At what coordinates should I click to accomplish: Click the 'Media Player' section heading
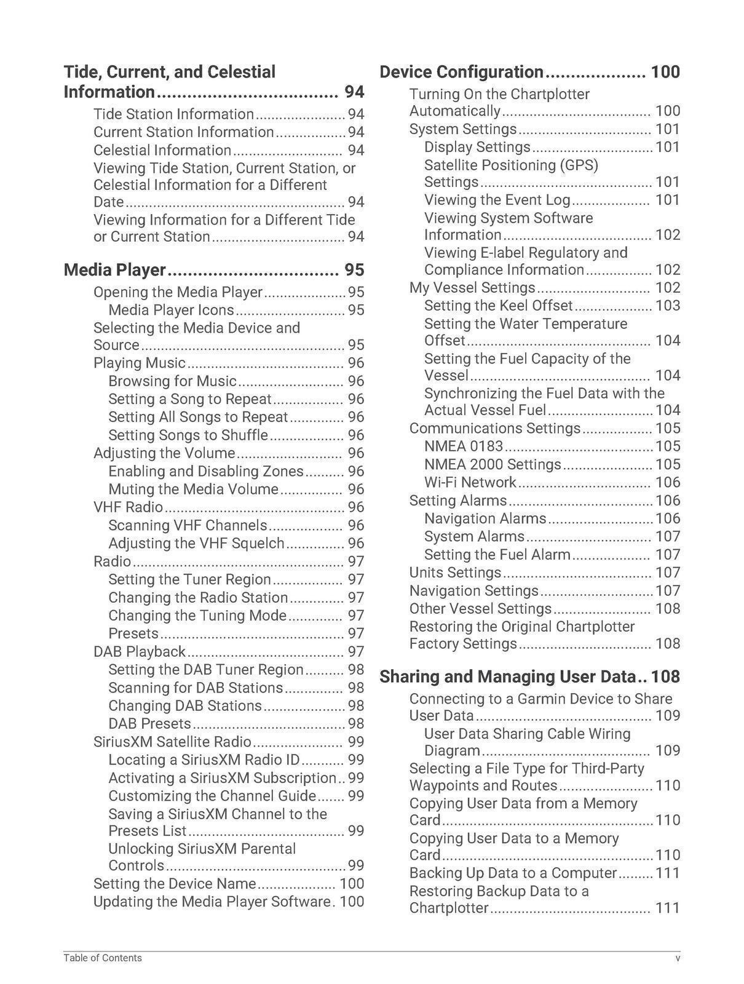point(115,270)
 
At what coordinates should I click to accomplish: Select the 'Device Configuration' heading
point(461,72)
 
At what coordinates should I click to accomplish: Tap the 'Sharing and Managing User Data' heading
point(507,676)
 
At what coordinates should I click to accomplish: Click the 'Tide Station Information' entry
point(173,114)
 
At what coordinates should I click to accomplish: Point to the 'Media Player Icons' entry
point(171,310)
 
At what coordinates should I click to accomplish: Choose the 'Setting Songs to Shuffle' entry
point(188,435)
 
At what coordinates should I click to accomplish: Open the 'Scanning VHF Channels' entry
point(188,525)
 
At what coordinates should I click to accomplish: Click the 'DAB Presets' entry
point(149,723)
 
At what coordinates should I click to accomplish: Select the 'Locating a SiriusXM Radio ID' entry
point(204,760)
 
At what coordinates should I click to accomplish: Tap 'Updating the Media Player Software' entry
point(212,902)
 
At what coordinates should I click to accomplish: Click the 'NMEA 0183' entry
point(464,446)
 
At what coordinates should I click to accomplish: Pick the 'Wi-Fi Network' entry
point(470,482)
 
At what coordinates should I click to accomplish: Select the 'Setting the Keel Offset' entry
point(498,306)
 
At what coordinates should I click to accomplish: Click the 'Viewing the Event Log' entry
point(497,200)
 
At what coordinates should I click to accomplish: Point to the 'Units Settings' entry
point(455,573)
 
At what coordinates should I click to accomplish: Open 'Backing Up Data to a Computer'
point(513,873)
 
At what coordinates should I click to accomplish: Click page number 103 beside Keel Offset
point(668,306)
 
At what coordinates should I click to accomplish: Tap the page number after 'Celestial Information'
point(356,151)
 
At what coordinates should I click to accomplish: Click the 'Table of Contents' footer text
point(103,958)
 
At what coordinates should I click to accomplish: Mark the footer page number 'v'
point(678,958)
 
